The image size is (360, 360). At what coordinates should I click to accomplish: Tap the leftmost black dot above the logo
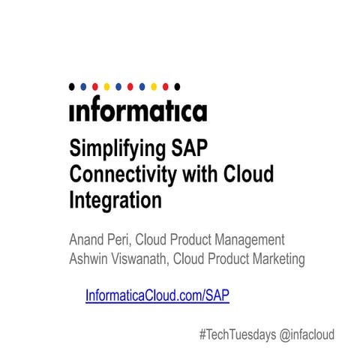tap(71, 86)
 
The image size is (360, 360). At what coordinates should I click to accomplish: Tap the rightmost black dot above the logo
tap(177, 86)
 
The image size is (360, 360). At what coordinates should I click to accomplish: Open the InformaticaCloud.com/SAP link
tap(157, 295)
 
